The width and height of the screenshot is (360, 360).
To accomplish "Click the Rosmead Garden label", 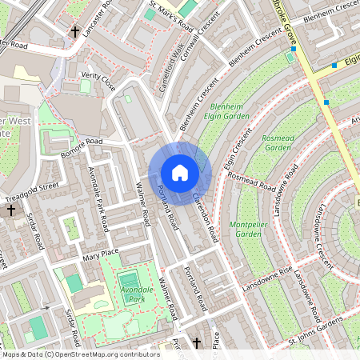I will coord(277,142).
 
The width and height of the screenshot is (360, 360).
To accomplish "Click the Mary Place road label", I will coord(100,257).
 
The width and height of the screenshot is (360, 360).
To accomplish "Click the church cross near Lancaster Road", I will coord(75,32).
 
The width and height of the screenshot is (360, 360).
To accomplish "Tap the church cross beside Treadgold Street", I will coord(11,210).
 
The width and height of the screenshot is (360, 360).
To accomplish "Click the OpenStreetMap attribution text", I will coord(80,354).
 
